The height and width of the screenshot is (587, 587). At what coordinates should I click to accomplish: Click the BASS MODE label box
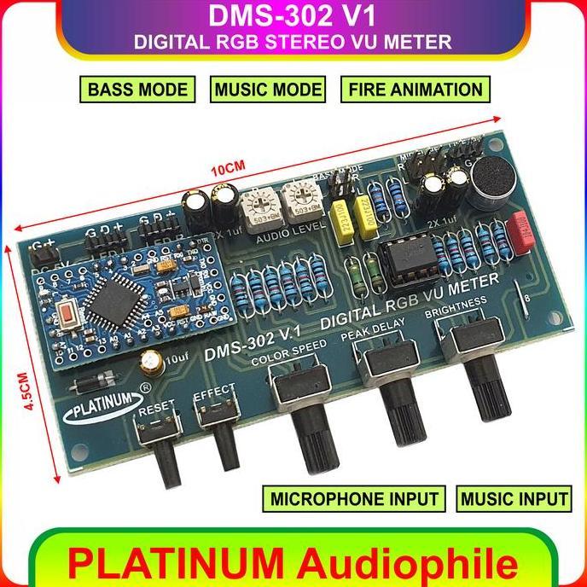(134, 89)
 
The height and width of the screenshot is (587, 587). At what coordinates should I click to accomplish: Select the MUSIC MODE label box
(268, 89)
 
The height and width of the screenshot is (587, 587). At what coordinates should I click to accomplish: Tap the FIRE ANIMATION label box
(415, 89)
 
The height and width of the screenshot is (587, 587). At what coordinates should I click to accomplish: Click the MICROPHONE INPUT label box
(356, 498)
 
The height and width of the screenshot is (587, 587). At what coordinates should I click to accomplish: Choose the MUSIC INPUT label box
(514, 498)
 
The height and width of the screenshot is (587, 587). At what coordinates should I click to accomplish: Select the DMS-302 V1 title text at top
(293, 18)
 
